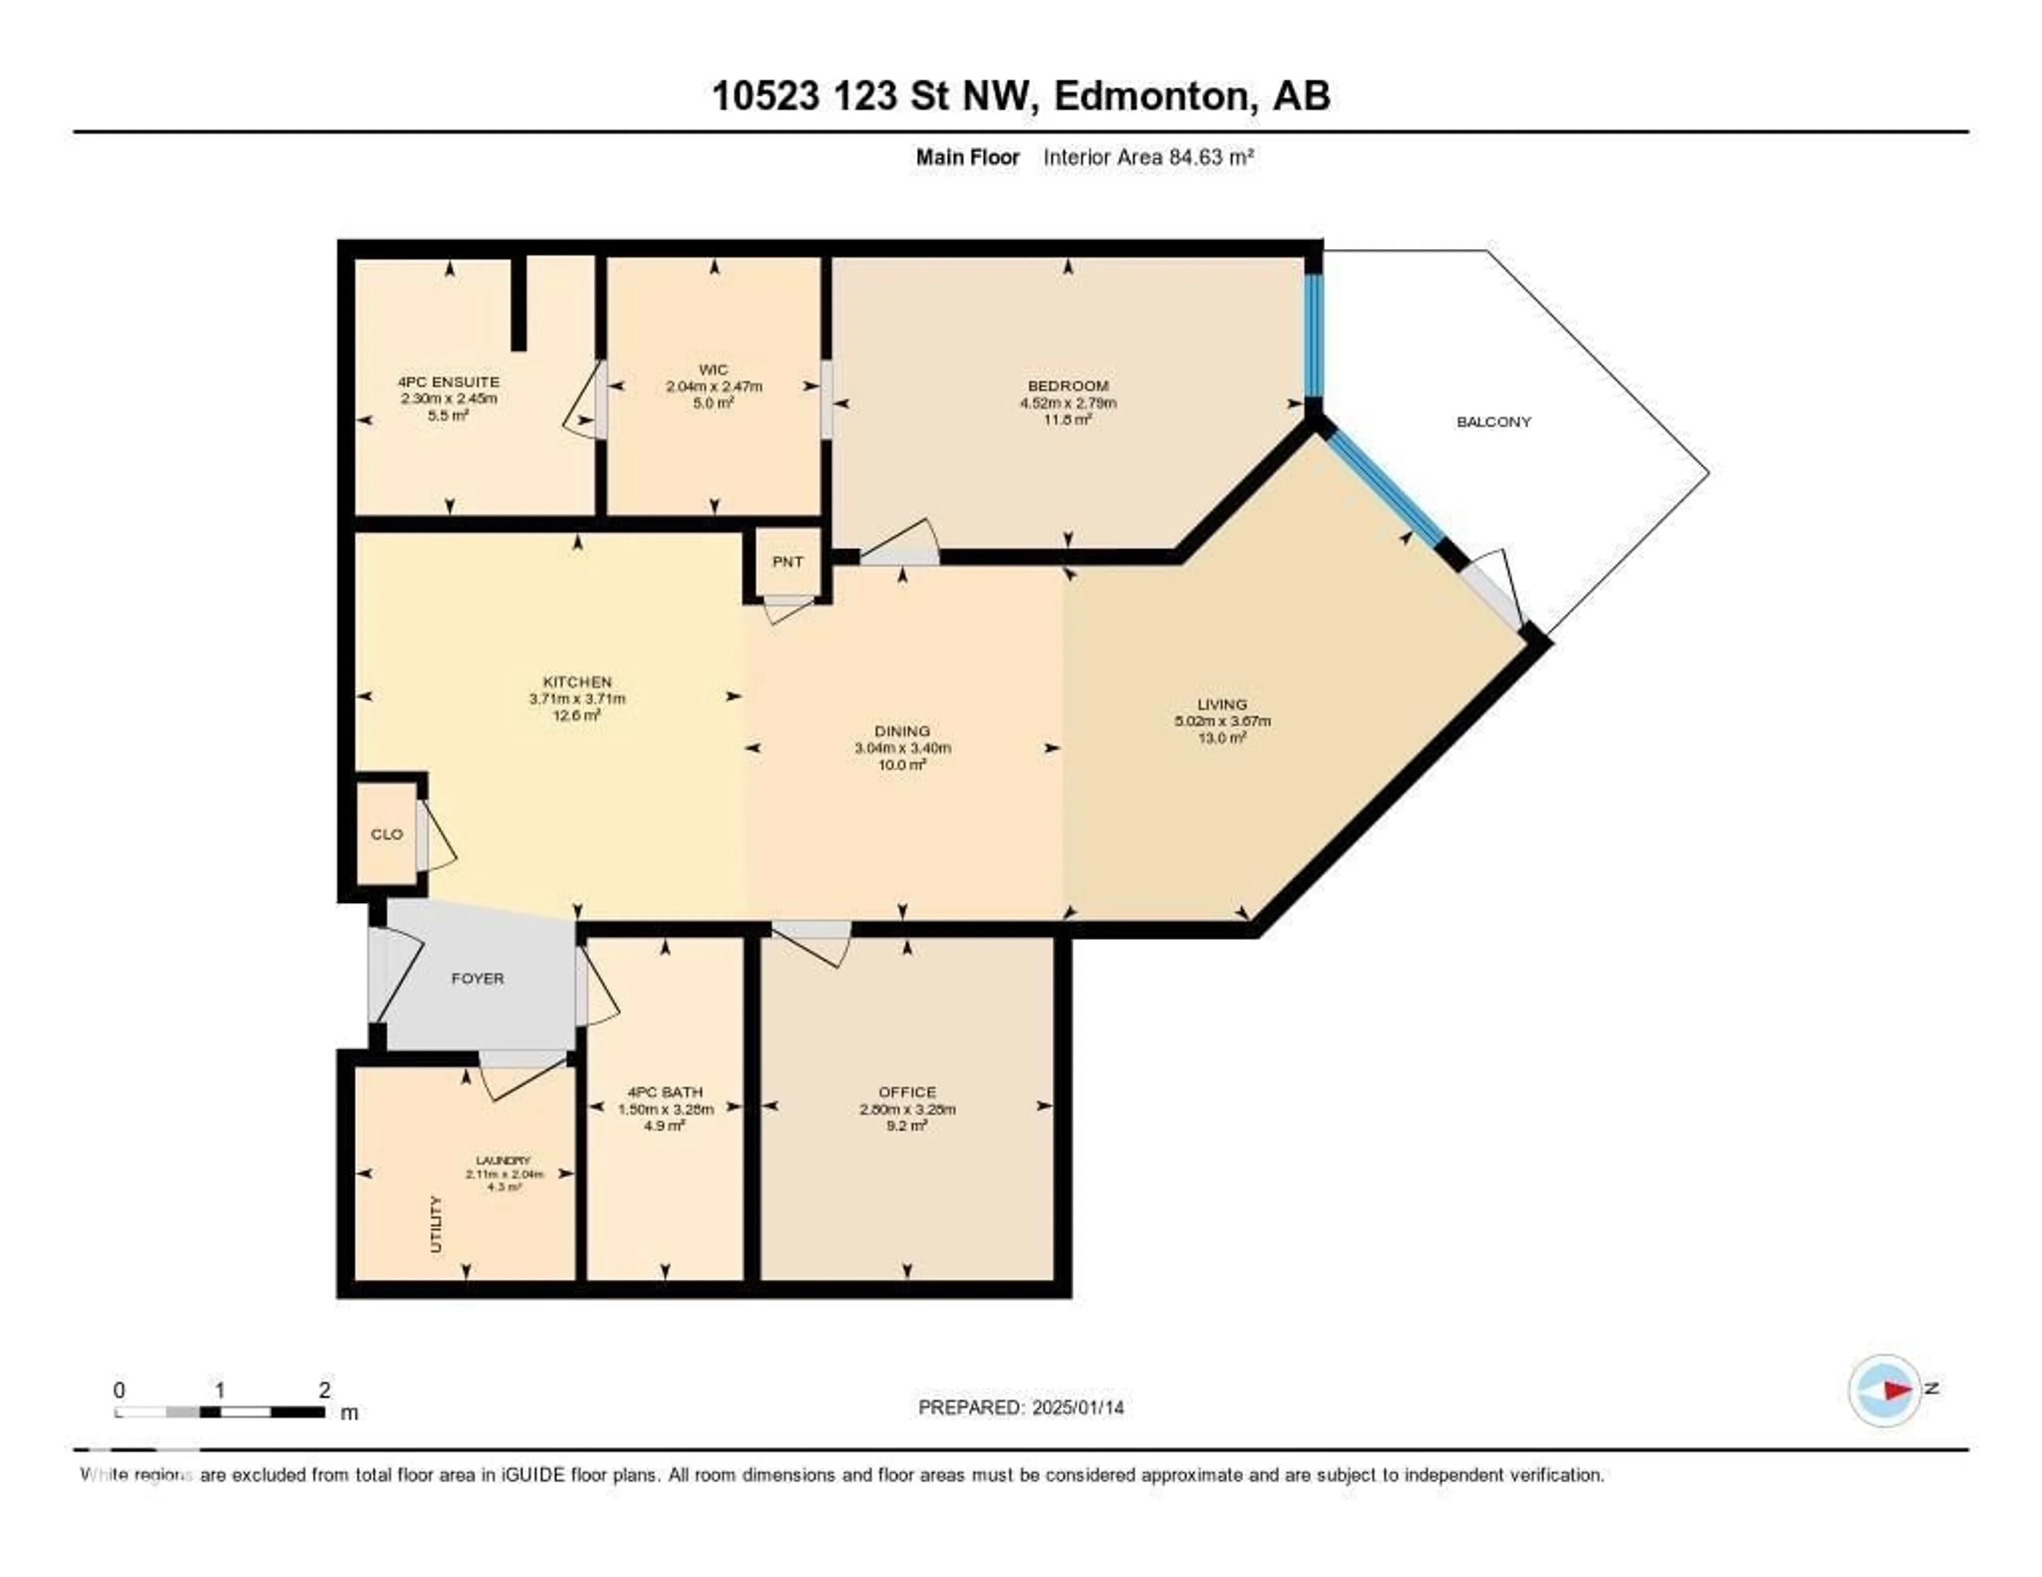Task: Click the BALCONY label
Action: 1493,422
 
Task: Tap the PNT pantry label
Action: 787,562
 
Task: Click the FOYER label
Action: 477,979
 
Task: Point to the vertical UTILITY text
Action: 436,1223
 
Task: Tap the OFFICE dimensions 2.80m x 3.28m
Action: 907,1110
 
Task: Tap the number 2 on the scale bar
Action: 324,1390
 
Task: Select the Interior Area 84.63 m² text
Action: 1147,157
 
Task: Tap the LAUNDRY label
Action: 503,1160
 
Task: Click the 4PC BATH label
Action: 665,1092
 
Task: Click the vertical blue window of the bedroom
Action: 1313,334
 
